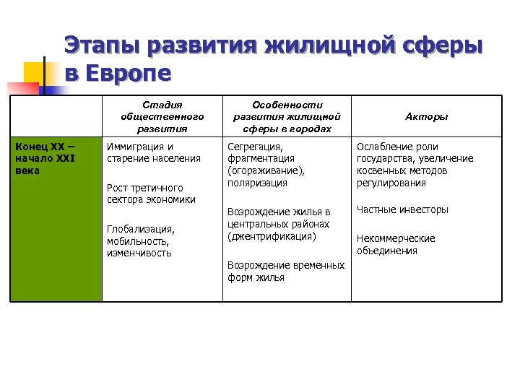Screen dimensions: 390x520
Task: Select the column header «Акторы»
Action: point(426,116)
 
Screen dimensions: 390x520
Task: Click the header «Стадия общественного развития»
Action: point(162,117)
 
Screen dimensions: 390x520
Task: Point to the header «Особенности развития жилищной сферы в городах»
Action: point(287,117)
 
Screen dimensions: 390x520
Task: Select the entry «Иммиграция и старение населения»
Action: point(153,152)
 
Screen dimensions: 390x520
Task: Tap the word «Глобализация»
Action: point(140,229)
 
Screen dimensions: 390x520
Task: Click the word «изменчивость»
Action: point(139,253)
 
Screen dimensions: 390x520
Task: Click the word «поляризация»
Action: point(257,183)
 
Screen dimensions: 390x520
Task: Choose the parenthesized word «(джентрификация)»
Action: point(271,236)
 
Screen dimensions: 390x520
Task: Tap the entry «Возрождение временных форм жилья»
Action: point(286,271)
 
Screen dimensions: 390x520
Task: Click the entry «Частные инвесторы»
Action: point(402,209)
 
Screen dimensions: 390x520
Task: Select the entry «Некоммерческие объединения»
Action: point(395,244)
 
